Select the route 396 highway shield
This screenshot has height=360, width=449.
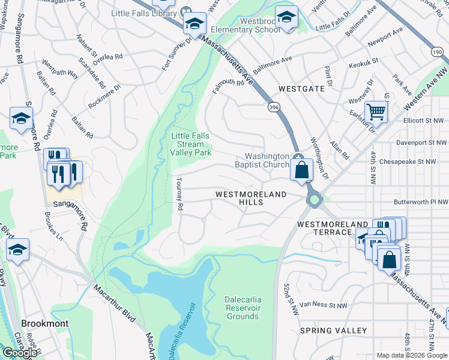[273, 106]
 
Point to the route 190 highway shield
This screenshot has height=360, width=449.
[437, 53]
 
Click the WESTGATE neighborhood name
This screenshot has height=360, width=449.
[301, 88]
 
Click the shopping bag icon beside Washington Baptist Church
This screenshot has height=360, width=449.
[302, 170]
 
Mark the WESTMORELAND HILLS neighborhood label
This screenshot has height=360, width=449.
[248, 199]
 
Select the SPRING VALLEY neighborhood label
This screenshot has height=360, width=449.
[333, 331]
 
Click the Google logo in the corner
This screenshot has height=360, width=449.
[20, 352]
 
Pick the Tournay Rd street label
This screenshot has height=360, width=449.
[179, 193]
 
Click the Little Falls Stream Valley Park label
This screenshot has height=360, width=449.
[191, 145]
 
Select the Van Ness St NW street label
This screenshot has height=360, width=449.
[324, 305]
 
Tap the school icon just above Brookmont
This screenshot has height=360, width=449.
[17, 250]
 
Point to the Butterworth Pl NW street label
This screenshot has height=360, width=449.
[421, 203]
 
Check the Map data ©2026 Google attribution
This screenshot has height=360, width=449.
[412, 355]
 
